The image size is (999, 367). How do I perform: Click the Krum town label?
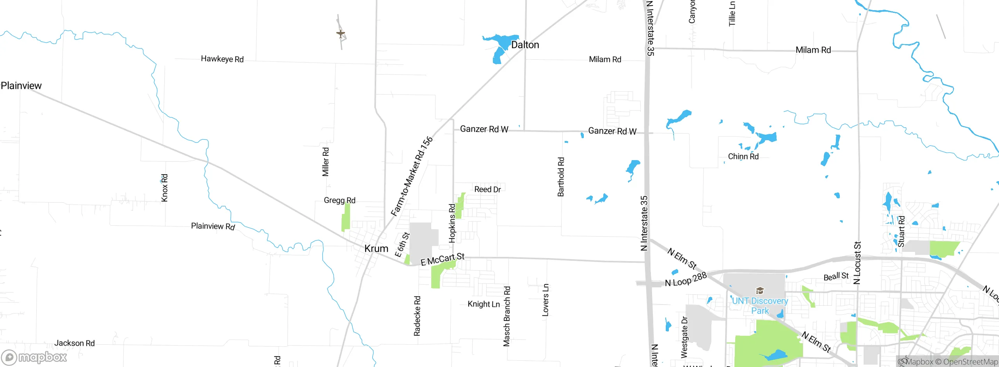[x=376, y=249]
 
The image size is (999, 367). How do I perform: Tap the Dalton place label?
[x=525, y=45]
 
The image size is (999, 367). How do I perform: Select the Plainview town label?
[x=21, y=86]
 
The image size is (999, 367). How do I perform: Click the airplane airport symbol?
[x=341, y=34]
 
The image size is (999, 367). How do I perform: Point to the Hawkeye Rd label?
[x=222, y=59]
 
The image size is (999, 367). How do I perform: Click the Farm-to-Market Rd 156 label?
[x=412, y=176]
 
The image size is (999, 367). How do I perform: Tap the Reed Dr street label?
[x=487, y=189]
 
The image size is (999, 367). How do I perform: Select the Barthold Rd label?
[x=561, y=176]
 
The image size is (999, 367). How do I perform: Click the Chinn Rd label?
[x=743, y=157]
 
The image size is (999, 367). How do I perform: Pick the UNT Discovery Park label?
[x=760, y=306]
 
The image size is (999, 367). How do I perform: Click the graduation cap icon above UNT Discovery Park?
[x=759, y=290]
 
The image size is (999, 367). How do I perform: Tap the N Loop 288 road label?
[x=686, y=280]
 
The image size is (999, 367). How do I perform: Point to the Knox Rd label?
[x=165, y=188]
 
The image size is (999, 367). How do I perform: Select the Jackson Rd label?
[x=75, y=343]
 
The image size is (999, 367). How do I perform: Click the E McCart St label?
[x=442, y=259]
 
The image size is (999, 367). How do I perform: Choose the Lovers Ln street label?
[x=545, y=299]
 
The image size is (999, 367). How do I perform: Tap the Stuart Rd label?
[x=901, y=232]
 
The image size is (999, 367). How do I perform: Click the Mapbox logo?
[x=34, y=357]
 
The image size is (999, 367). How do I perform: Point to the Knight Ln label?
[x=484, y=304]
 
